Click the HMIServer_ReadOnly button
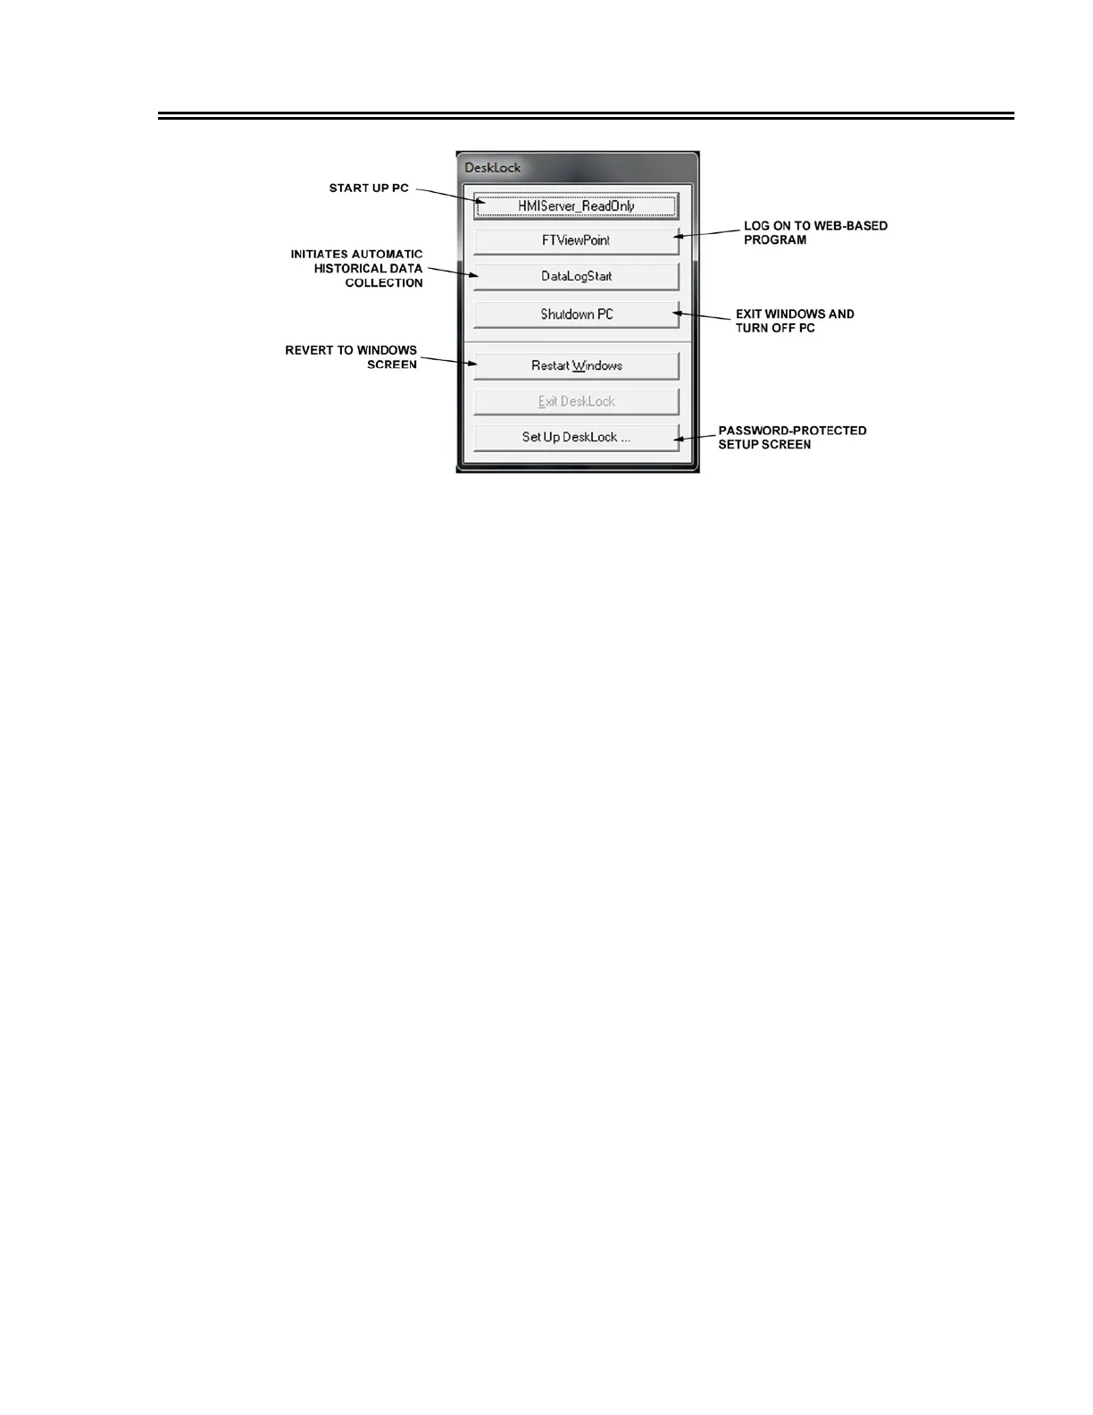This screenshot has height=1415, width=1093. (576, 206)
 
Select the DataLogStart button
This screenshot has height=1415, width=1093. (576, 277)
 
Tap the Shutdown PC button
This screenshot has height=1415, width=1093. (576, 314)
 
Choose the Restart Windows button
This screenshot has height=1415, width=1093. (576, 366)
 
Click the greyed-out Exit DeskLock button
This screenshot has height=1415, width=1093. (576, 402)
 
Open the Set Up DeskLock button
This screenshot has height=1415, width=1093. (576, 438)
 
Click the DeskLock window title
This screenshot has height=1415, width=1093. (493, 168)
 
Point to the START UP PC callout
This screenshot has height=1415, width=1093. (369, 188)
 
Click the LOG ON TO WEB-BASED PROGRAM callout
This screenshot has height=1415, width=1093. (815, 233)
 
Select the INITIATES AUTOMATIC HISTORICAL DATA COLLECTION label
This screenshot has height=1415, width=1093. (357, 269)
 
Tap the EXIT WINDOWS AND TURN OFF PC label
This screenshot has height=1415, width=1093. (794, 321)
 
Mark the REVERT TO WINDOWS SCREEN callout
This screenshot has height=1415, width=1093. (351, 357)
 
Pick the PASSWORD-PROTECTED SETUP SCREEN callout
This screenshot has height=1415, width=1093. (791, 438)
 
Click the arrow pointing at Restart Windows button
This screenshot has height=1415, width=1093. (446, 362)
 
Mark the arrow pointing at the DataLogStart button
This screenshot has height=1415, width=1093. (451, 272)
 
